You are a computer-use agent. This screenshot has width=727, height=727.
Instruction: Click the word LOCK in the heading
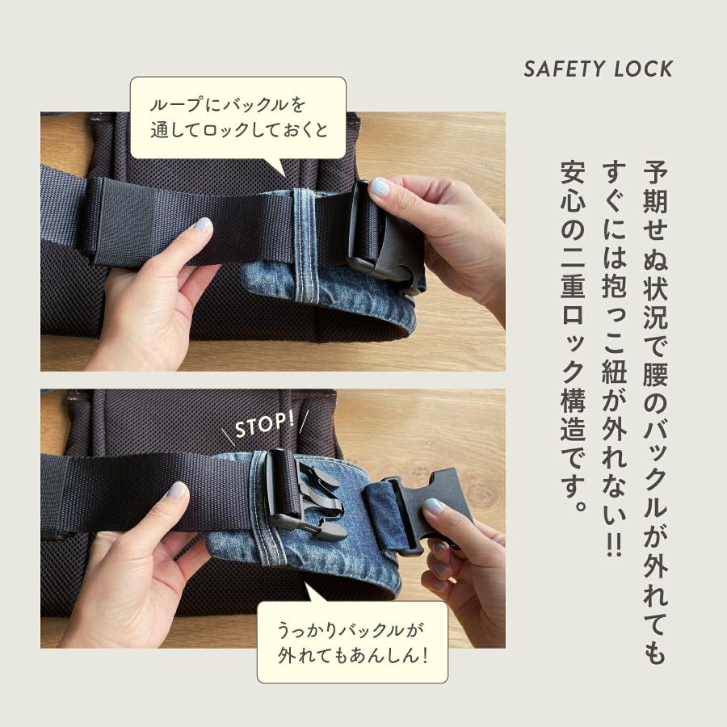coord(641,69)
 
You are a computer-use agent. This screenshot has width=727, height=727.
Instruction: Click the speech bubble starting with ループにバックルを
coord(237,117)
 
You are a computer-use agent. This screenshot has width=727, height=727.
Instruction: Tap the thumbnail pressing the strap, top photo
coord(200,226)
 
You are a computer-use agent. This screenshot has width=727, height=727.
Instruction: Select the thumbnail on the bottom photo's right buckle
coord(434,506)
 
